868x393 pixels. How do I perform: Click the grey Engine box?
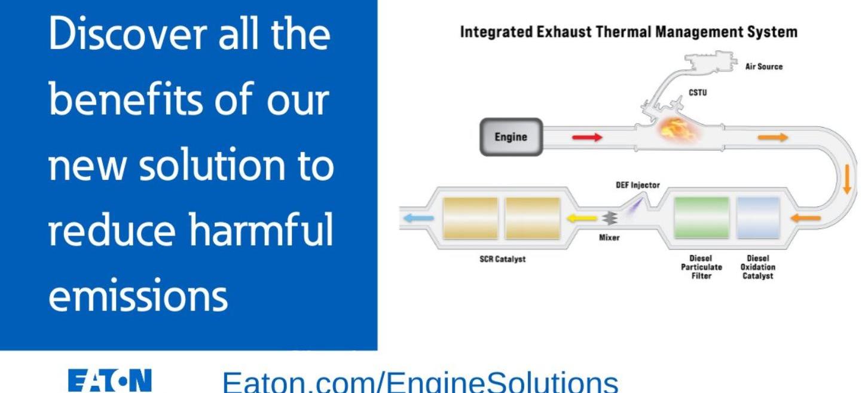(x=511, y=137)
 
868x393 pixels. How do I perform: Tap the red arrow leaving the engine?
(x=587, y=137)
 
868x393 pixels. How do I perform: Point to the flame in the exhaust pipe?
(x=678, y=129)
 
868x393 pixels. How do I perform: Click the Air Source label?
(x=764, y=66)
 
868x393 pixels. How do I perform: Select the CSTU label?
(x=698, y=93)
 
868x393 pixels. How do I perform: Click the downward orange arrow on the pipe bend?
(x=847, y=179)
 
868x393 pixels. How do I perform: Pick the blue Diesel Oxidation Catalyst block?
(x=758, y=217)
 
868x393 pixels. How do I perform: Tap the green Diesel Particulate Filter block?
(x=701, y=217)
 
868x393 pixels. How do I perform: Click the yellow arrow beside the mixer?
(x=582, y=218)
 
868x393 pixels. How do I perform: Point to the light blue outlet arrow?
(x=418, y=218)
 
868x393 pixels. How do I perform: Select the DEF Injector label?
(x=638, y=185)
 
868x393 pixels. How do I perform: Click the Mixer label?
(x=609, y=237)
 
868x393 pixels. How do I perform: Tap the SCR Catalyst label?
(x=503, y=259)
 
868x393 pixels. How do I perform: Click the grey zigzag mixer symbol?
(x=610, y=218)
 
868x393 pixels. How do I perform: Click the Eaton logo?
(x=109, y=380)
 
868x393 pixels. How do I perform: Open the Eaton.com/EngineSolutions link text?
(x=420, y=382)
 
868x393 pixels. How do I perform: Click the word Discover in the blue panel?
(x=127, y=33)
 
